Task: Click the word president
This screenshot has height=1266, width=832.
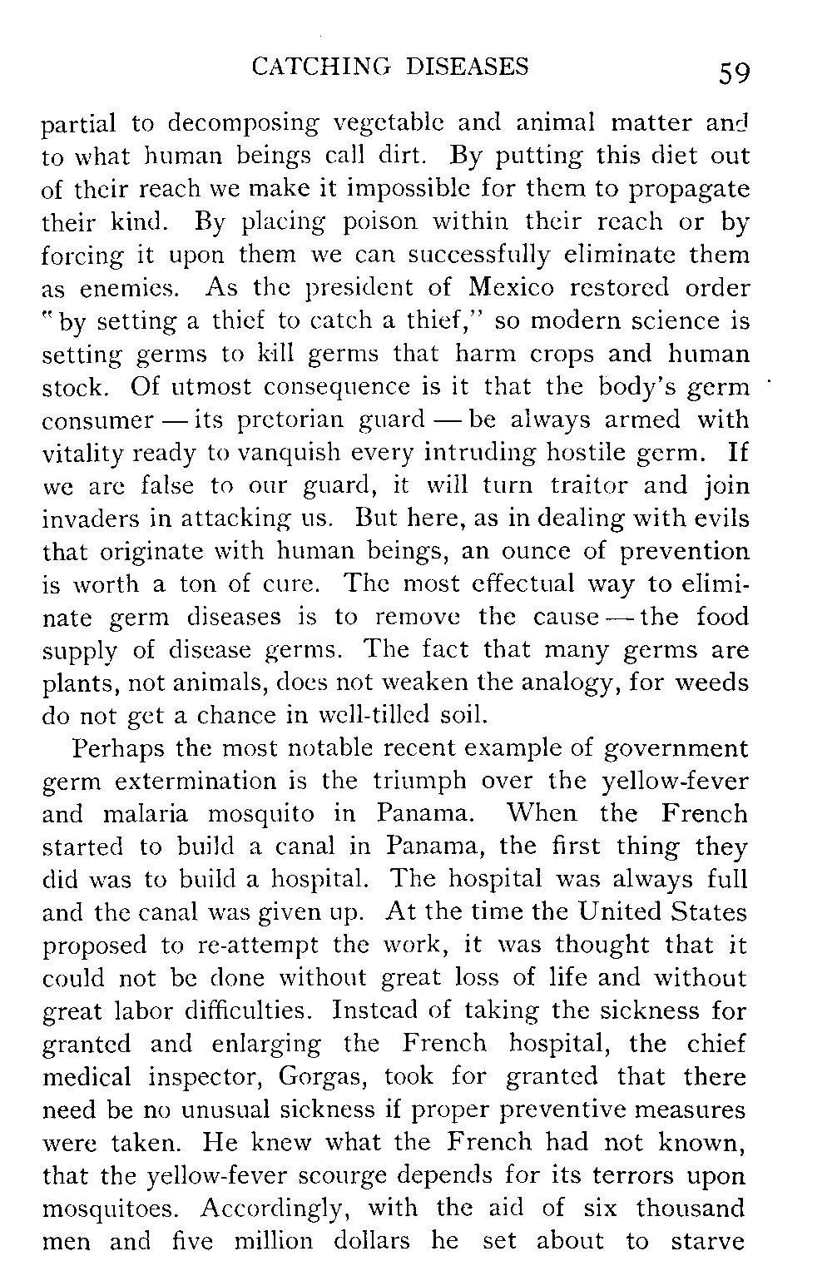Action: coord(367,288)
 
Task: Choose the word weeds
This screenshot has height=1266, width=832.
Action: coord(711,683)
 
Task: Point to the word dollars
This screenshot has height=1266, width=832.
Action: coord(372,1241)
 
